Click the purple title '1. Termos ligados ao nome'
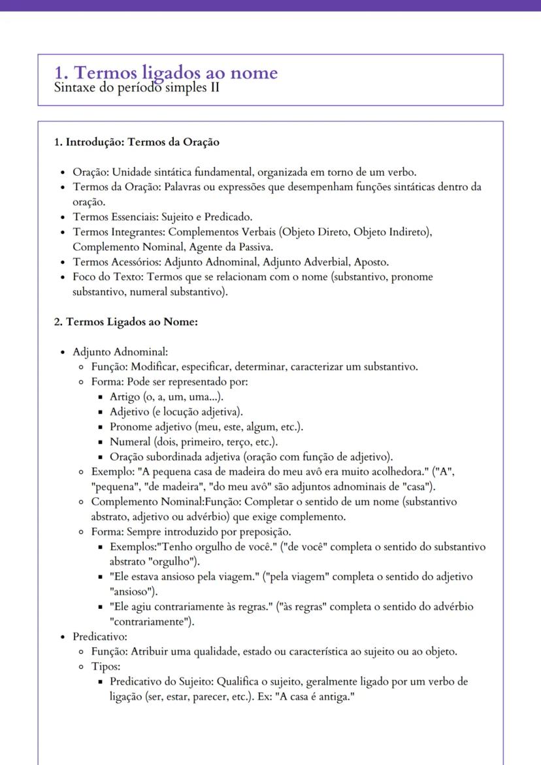166,72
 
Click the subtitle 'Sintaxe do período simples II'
137,88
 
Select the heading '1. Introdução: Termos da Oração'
137,142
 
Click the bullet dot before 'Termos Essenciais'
61,217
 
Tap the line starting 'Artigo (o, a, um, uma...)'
167,397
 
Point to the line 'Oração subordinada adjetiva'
251,457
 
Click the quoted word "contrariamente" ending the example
150,622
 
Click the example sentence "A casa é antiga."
313,696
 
